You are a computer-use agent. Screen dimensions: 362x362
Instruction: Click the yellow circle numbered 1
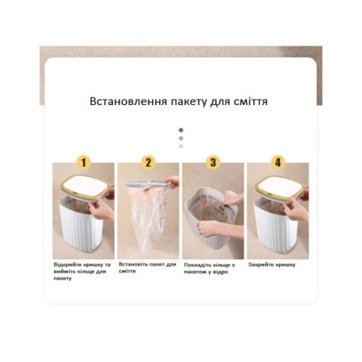click(83, 162)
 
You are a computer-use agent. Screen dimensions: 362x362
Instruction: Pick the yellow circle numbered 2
click(148, 162)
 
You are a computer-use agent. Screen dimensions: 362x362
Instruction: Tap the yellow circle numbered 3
click(213, 162)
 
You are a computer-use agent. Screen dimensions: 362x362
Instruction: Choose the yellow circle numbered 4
click(278, 162)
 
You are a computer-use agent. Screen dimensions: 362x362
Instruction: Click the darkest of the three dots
click(181, 130)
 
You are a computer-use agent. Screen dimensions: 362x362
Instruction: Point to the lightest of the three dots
click(181, 146)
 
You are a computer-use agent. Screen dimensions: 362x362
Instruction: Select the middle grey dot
click(181, 138)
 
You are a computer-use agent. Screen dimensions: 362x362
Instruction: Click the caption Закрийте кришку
click(271, 265)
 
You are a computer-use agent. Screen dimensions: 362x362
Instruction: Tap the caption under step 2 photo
click(148, 268)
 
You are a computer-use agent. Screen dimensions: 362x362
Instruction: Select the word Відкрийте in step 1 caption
click(67, 265)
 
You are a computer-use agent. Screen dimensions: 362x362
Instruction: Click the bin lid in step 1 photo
click(86, 185)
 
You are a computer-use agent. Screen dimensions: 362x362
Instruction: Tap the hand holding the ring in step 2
click(172, 182)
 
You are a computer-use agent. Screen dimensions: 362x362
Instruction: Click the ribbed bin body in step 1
click(82, 227)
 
